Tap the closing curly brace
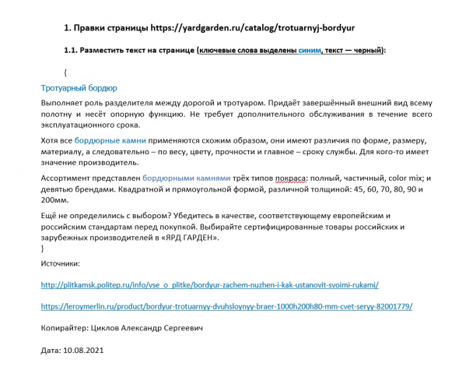pos(42,248)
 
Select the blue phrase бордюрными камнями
pos(189,177)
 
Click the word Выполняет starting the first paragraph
pos(65,101)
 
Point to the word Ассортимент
pos(68,177)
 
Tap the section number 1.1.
pos(71,51)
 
